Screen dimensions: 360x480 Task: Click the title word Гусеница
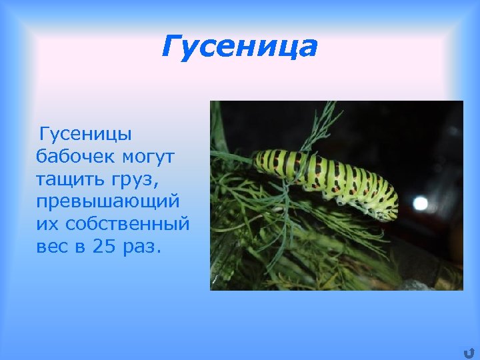coord(239,47)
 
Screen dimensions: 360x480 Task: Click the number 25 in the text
coord(104,245)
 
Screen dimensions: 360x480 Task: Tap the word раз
coord(142,245)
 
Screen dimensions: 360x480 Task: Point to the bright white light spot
coord(420,203)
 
